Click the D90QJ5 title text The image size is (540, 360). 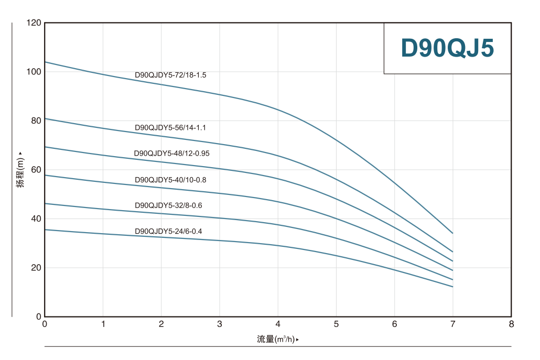[447, 48]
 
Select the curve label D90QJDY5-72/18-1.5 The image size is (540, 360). [170, 75]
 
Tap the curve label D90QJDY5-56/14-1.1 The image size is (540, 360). [170, 127]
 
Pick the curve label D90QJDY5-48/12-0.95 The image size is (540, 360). [172, 154]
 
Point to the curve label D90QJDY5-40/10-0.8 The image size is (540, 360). [170, 180]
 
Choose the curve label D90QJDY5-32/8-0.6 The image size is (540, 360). [168, 205]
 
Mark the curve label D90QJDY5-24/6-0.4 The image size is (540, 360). [168, 231]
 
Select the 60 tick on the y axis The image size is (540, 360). [35, 170]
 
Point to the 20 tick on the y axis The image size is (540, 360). [35, 268]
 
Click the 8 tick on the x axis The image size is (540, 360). [511, 324]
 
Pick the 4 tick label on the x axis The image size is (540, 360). [278, 324]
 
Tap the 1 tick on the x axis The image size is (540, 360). [103, 324]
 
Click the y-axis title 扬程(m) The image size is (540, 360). [20, 170]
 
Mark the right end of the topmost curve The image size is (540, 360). [452, 233]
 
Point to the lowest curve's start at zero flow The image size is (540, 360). [45, 230]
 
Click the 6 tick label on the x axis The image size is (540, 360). [394, 324]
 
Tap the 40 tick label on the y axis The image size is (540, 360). [35, 219]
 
